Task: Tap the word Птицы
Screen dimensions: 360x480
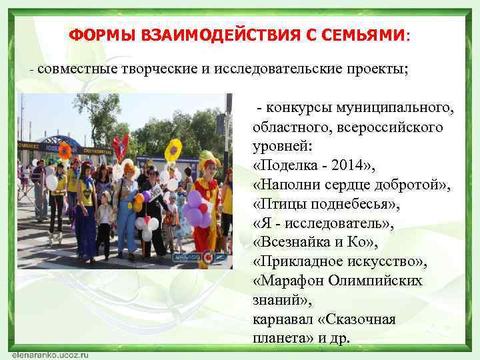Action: pos(279,200)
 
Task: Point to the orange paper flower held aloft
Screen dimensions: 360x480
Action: pos(65,150)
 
